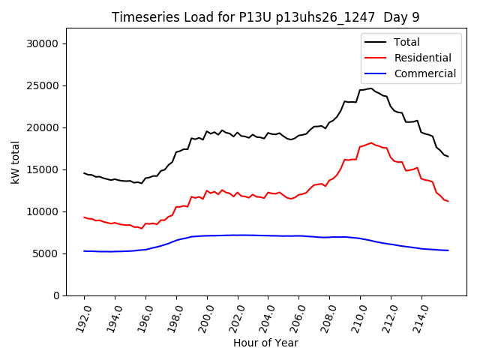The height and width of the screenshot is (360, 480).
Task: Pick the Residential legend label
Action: [x=423, y=58]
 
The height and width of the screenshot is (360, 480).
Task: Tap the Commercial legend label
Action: [x=425, y=73]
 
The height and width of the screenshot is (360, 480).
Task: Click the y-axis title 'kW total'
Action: [x=15, y=162]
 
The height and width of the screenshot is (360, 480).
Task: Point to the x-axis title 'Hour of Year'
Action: [x=265, y=343]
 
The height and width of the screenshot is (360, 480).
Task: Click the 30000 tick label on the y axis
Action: [x=43, y=43]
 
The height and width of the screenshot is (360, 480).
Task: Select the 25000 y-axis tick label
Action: [x=43, y=85]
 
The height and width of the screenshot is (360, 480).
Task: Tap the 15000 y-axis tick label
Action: [x=43, y=169]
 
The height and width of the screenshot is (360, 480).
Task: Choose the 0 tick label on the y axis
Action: [x=55, y=295]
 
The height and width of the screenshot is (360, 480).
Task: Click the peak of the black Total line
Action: [x=370, y=88]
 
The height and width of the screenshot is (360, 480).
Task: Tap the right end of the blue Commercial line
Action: [x=448, y=250]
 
